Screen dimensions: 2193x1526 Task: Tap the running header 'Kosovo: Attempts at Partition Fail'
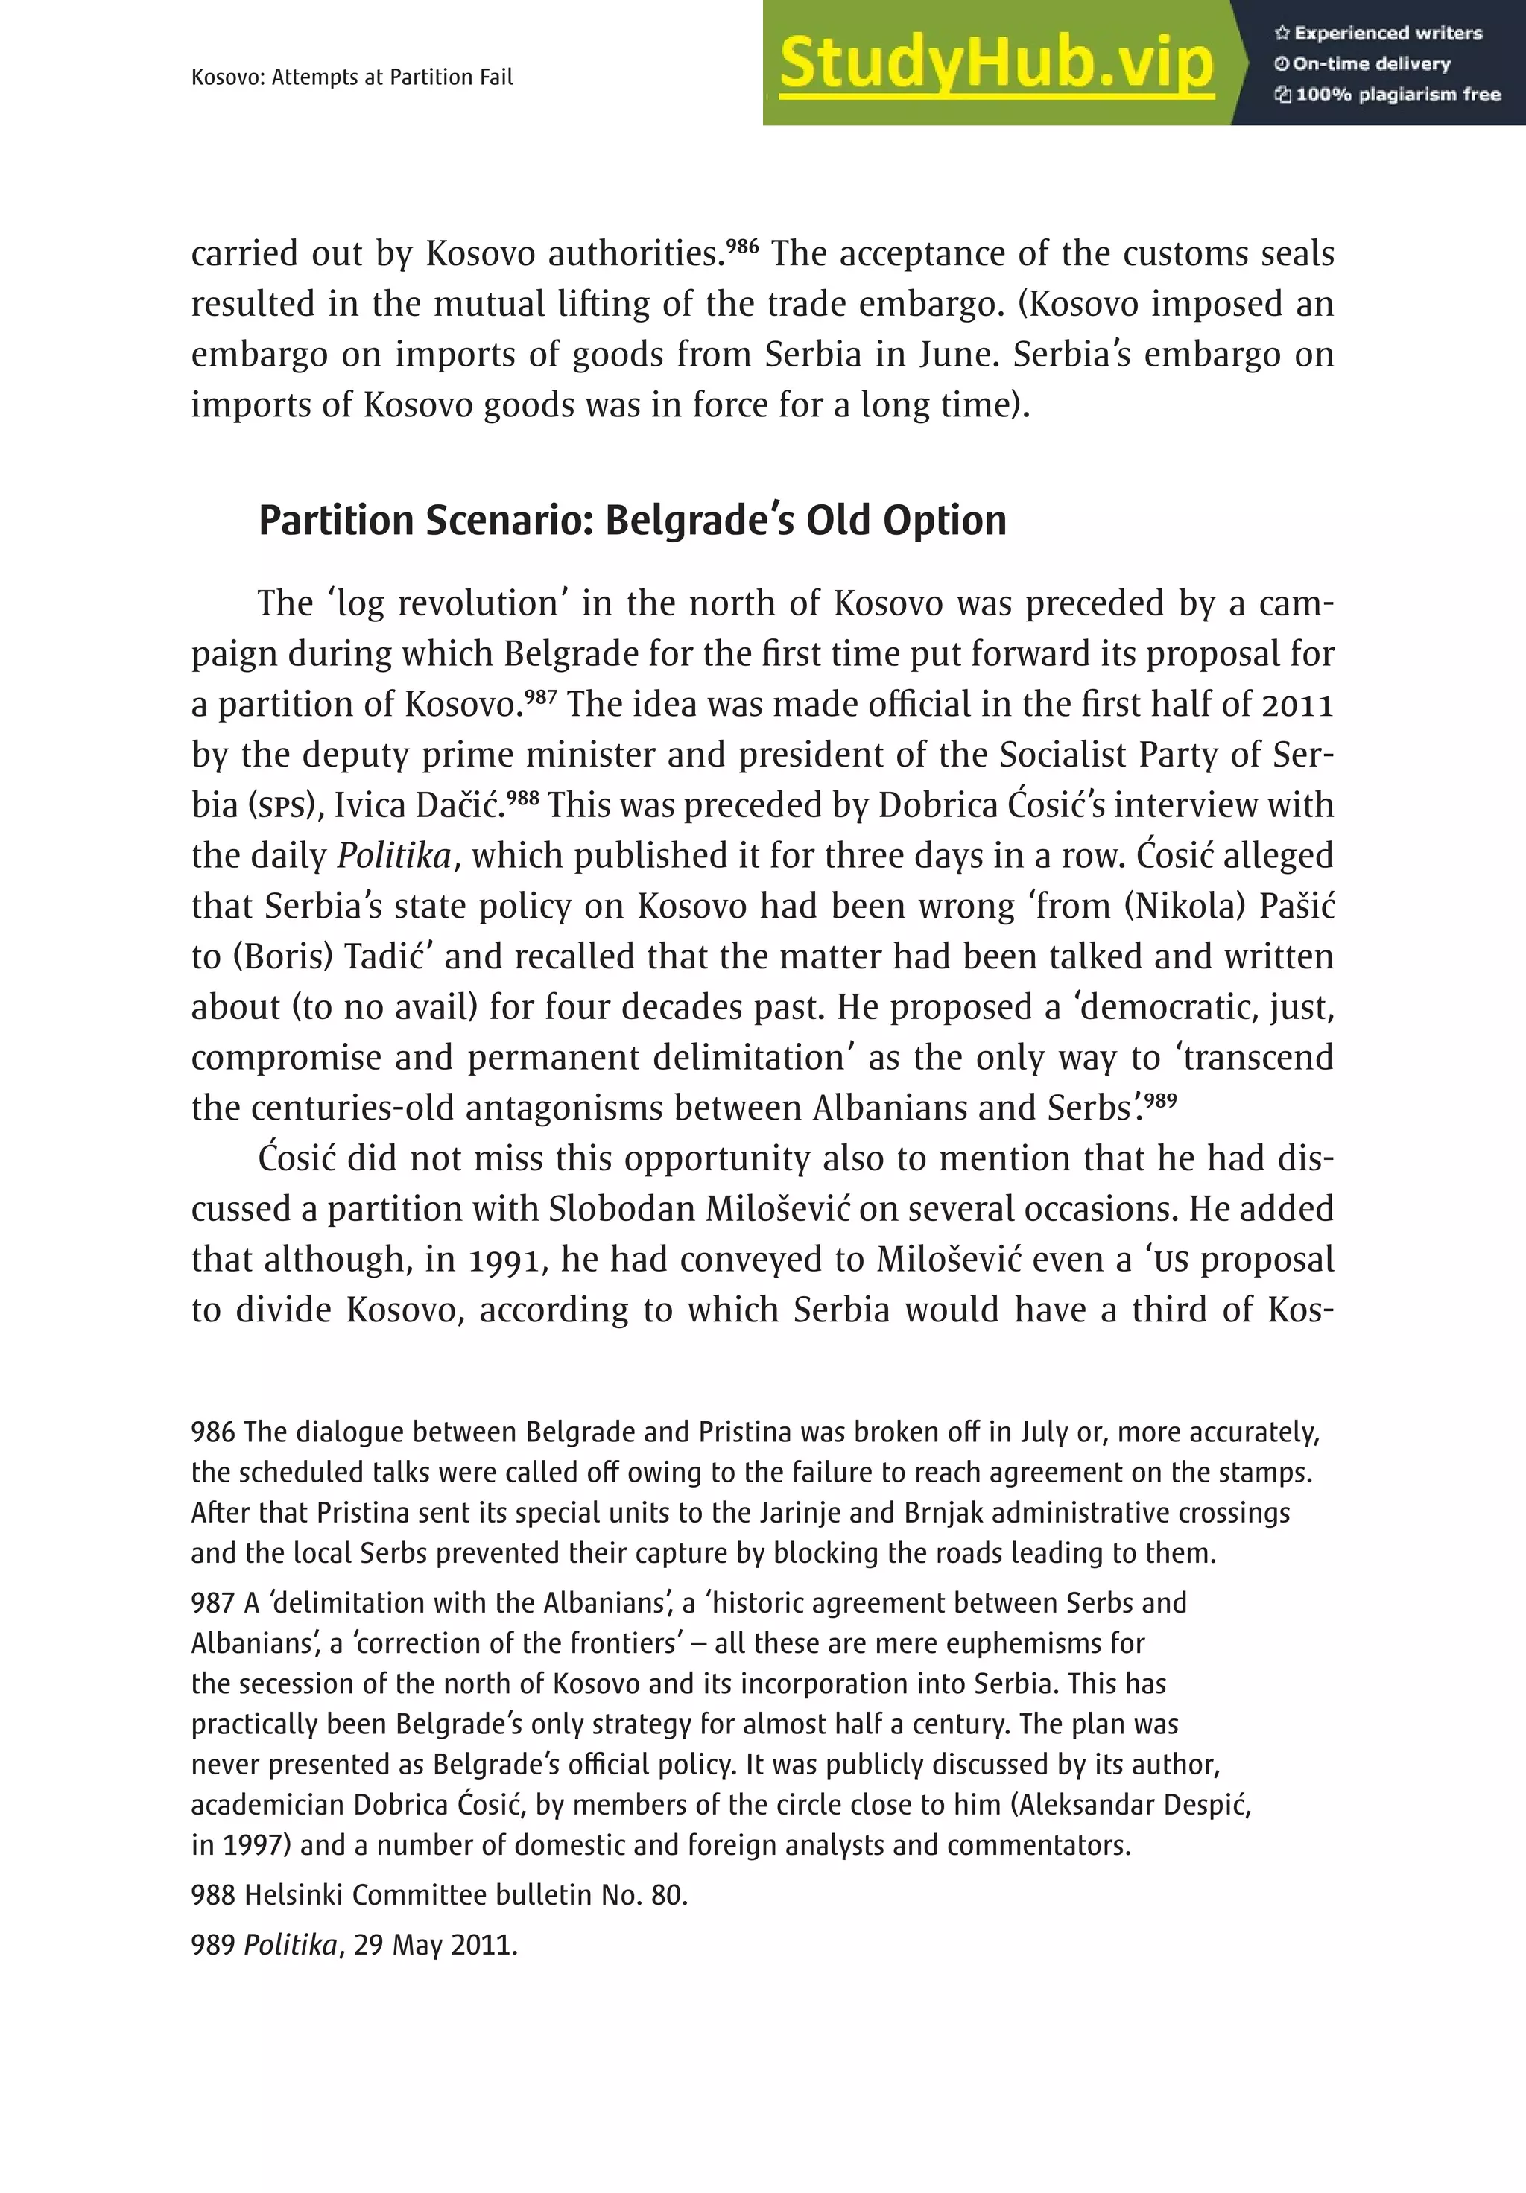pos(352,77)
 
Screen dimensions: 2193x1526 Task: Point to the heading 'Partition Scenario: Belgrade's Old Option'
pos(633,521)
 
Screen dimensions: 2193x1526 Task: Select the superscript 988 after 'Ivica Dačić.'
pos(522,796)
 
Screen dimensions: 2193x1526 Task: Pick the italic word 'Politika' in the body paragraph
pos(393,856)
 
